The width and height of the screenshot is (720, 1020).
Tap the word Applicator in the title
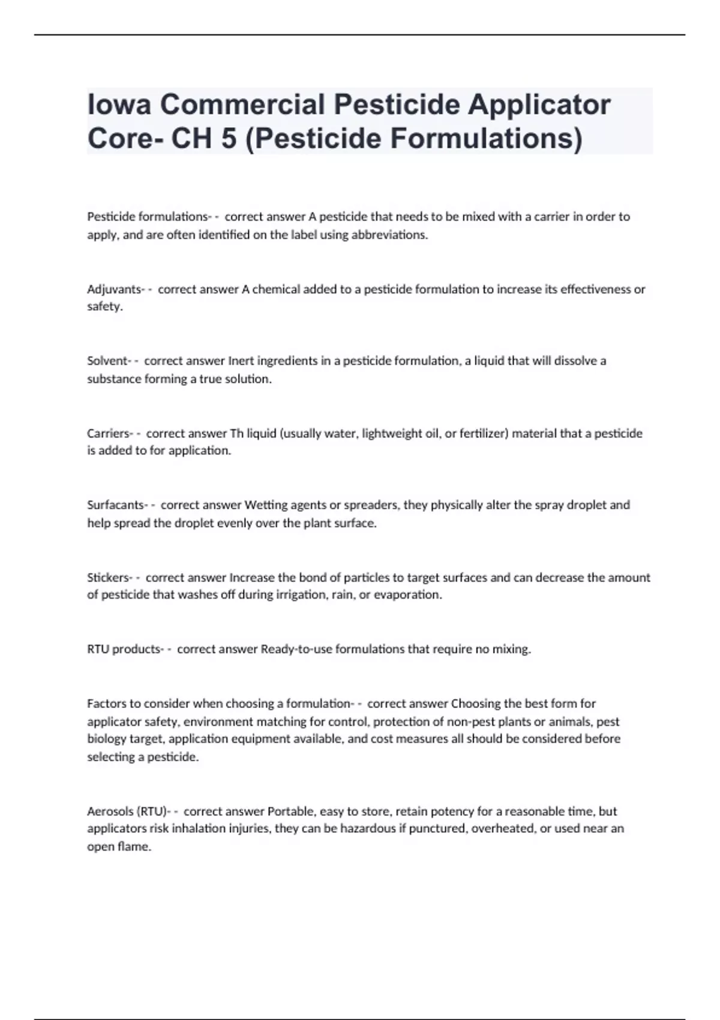(x=539, y=105)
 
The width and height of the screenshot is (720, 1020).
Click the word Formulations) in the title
(x=487, y=139)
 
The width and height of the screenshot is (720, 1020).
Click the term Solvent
(x=107, y=361)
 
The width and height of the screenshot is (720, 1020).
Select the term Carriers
(x=108, y=433)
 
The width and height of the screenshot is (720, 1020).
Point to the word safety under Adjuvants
(x=104, y=307)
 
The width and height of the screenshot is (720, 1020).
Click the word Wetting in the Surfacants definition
(x=266, y=505)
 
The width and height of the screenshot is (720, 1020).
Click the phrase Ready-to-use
(x=296, y=649)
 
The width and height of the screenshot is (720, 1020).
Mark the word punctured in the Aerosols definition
(x=437, y=829)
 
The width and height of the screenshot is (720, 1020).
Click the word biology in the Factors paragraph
(x=107, y=739)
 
